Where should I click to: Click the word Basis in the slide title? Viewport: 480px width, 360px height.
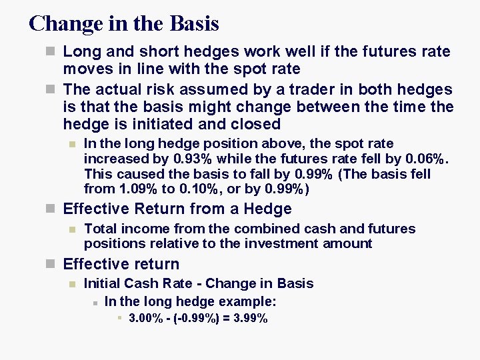pos(195,24)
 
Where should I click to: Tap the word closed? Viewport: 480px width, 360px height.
pos(256,124)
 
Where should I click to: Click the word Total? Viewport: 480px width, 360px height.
pos(101,229)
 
